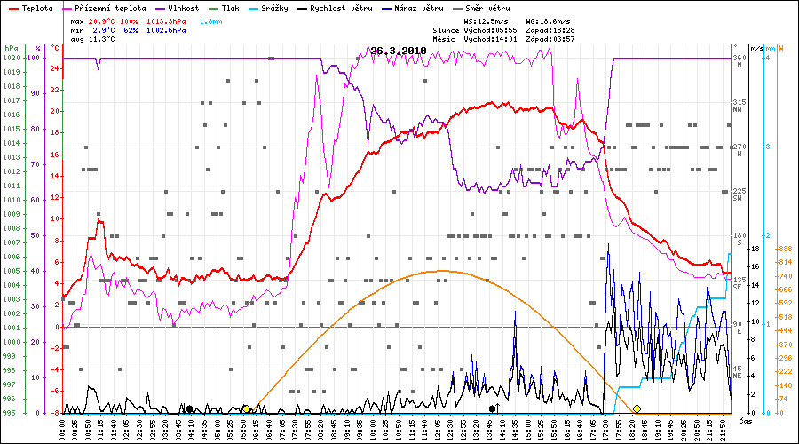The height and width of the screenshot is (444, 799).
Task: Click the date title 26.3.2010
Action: click(x=399, y=51)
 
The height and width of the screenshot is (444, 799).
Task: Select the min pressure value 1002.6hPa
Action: click(x=168, y=30)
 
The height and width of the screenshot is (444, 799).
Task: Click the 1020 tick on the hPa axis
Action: click(x=11, y=58)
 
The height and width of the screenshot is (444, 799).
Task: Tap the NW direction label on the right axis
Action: click(x=737, y=109)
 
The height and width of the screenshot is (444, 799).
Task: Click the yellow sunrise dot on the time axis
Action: click(x=246, y=408)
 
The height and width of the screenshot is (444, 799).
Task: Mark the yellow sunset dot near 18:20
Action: click(x=637, y=408)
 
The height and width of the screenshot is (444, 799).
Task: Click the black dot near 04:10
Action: click(x=189, y=408)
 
